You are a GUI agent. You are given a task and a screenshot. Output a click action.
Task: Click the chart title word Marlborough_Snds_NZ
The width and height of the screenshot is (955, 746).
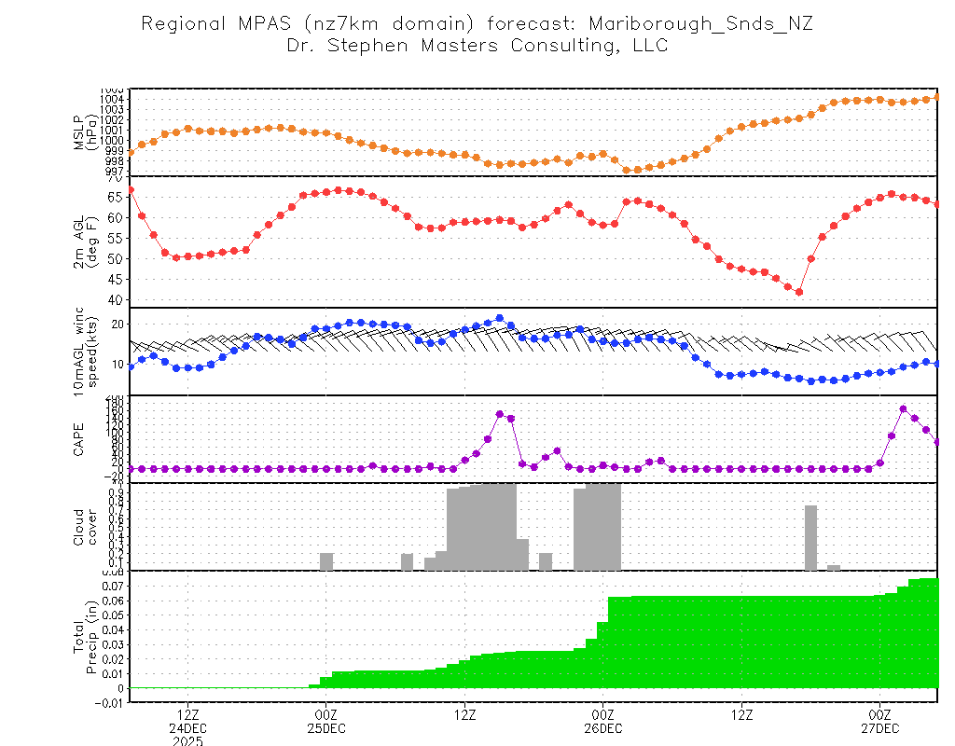click(x=708, y=23)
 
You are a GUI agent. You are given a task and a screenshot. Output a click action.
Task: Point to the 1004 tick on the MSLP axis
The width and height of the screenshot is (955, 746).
click(x=113, y=99)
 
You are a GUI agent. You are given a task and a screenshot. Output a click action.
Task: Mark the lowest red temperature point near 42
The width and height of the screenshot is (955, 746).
click(x=799, y=292)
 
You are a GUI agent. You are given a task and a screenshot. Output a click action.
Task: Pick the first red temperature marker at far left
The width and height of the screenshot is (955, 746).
click(x=131, y=190)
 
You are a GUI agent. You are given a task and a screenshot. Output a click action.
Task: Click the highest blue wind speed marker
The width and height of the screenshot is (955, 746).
click(x=500, y=318)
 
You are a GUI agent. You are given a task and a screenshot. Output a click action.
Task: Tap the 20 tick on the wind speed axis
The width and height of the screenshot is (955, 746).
click(x=118, y=324)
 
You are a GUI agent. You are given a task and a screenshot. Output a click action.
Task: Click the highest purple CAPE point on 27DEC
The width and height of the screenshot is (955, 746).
click(x=903, y=408)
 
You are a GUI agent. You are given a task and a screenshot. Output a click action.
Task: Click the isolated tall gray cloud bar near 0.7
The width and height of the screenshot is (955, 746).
click(x=810, y=537)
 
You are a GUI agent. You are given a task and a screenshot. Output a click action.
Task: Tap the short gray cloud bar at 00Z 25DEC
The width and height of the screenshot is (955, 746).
click(x=326, y=561)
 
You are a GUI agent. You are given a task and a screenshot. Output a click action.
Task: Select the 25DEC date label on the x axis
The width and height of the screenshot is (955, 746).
click(x=325, y=727)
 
